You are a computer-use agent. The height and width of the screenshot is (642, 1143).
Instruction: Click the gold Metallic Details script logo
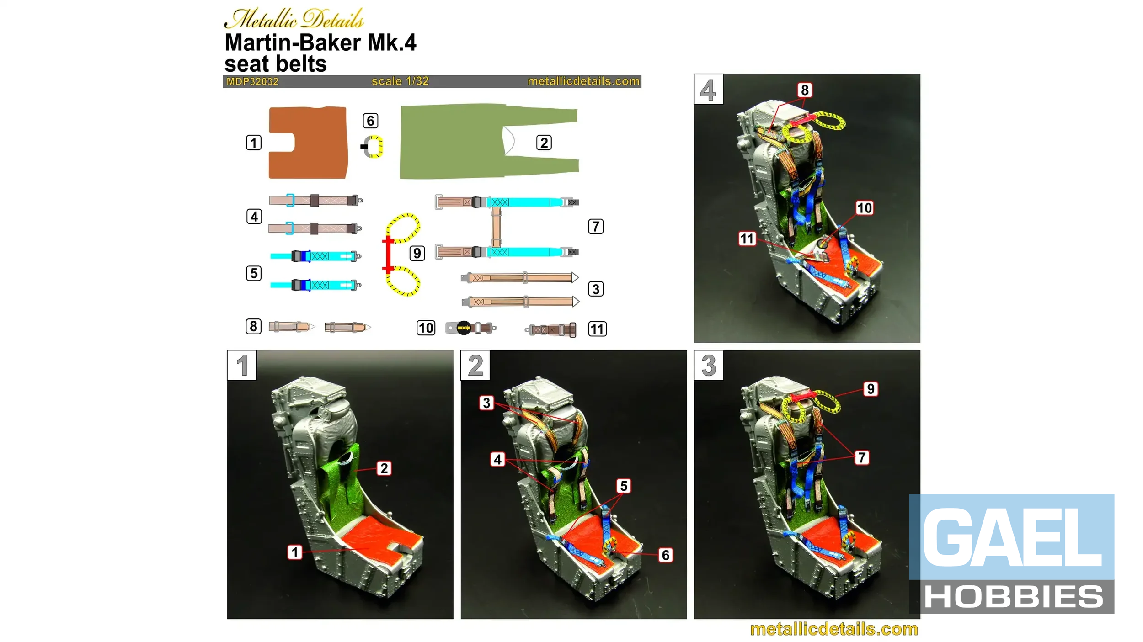[294, 18]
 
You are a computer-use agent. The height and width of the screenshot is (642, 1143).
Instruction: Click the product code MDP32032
[252, 81]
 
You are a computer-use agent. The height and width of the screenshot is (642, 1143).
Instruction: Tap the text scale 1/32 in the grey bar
[400, 81]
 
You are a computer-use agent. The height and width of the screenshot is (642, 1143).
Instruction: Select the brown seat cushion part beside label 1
[308, 143]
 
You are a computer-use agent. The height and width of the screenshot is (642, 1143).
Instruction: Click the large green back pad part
[457, 142]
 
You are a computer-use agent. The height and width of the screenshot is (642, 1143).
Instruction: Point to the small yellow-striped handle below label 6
[373, 147]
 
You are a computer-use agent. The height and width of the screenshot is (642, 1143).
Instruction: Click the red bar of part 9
[388, 254]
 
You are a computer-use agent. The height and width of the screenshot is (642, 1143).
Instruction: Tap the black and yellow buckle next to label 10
[464, 328]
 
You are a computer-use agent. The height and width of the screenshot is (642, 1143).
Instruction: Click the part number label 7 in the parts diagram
[596, 226]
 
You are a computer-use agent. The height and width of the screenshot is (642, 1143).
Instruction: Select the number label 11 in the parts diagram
[597, 329]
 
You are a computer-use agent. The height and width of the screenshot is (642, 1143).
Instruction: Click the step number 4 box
[709, 89]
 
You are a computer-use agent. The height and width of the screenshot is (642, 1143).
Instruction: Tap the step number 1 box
[242, 365]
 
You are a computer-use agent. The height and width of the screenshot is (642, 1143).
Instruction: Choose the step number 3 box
[709, 365]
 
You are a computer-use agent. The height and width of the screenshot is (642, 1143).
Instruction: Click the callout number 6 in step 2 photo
[666, 555]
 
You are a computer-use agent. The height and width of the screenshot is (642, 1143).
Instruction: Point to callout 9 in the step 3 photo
[871, 389]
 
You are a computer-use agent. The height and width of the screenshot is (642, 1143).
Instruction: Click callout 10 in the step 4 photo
[864, 208]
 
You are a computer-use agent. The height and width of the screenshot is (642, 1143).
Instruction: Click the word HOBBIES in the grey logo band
[1014, 596]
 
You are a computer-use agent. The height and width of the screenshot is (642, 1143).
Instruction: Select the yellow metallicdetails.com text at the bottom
[834, 629]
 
